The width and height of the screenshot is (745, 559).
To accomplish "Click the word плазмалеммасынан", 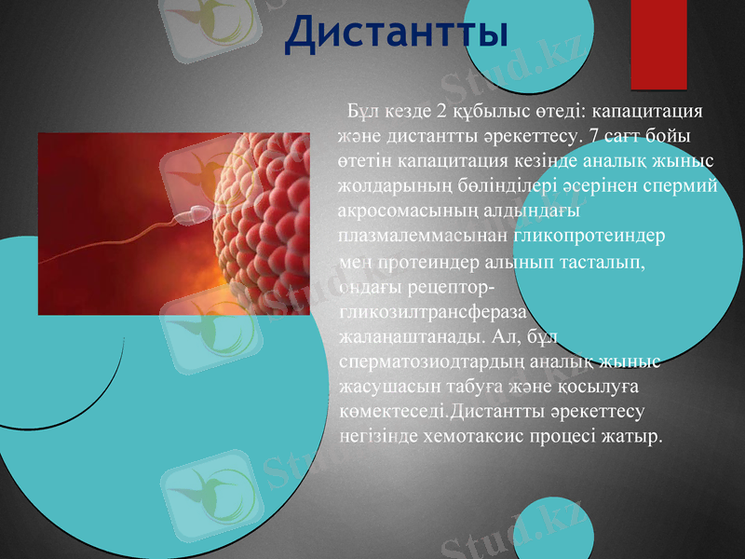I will pyautogui.click(x=416, y=237).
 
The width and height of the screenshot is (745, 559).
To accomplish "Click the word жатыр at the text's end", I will pyautogui.click(x=636, y=435).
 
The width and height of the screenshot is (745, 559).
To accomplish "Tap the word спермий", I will pyautogui.click(x=679, y=185).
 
